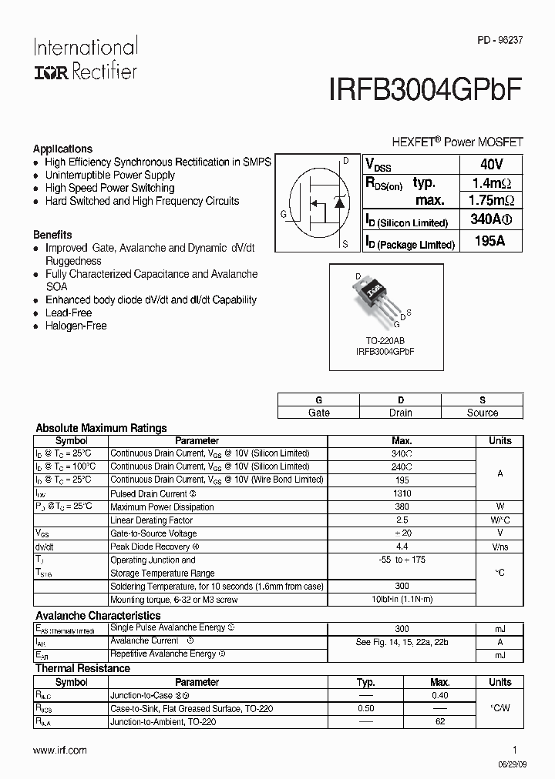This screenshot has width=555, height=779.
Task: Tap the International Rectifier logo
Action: [85, 59]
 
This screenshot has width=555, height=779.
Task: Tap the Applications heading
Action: [62, 149]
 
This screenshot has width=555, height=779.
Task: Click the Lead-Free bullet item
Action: [68, 313]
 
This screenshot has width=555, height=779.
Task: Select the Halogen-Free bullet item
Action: [76, 326]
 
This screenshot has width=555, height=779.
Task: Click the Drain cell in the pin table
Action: [400, 413]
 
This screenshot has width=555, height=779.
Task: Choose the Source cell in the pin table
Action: [482, 413]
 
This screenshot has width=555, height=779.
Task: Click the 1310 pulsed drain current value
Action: [402, 493]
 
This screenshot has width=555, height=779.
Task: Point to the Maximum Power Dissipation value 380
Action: [402, 507]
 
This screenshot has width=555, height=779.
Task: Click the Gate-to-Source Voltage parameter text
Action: [153, 533]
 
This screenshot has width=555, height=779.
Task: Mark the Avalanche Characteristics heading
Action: [98, 616]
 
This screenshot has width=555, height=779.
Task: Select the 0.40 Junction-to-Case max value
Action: [439, 695]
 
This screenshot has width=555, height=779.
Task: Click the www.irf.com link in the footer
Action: [60, 750]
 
